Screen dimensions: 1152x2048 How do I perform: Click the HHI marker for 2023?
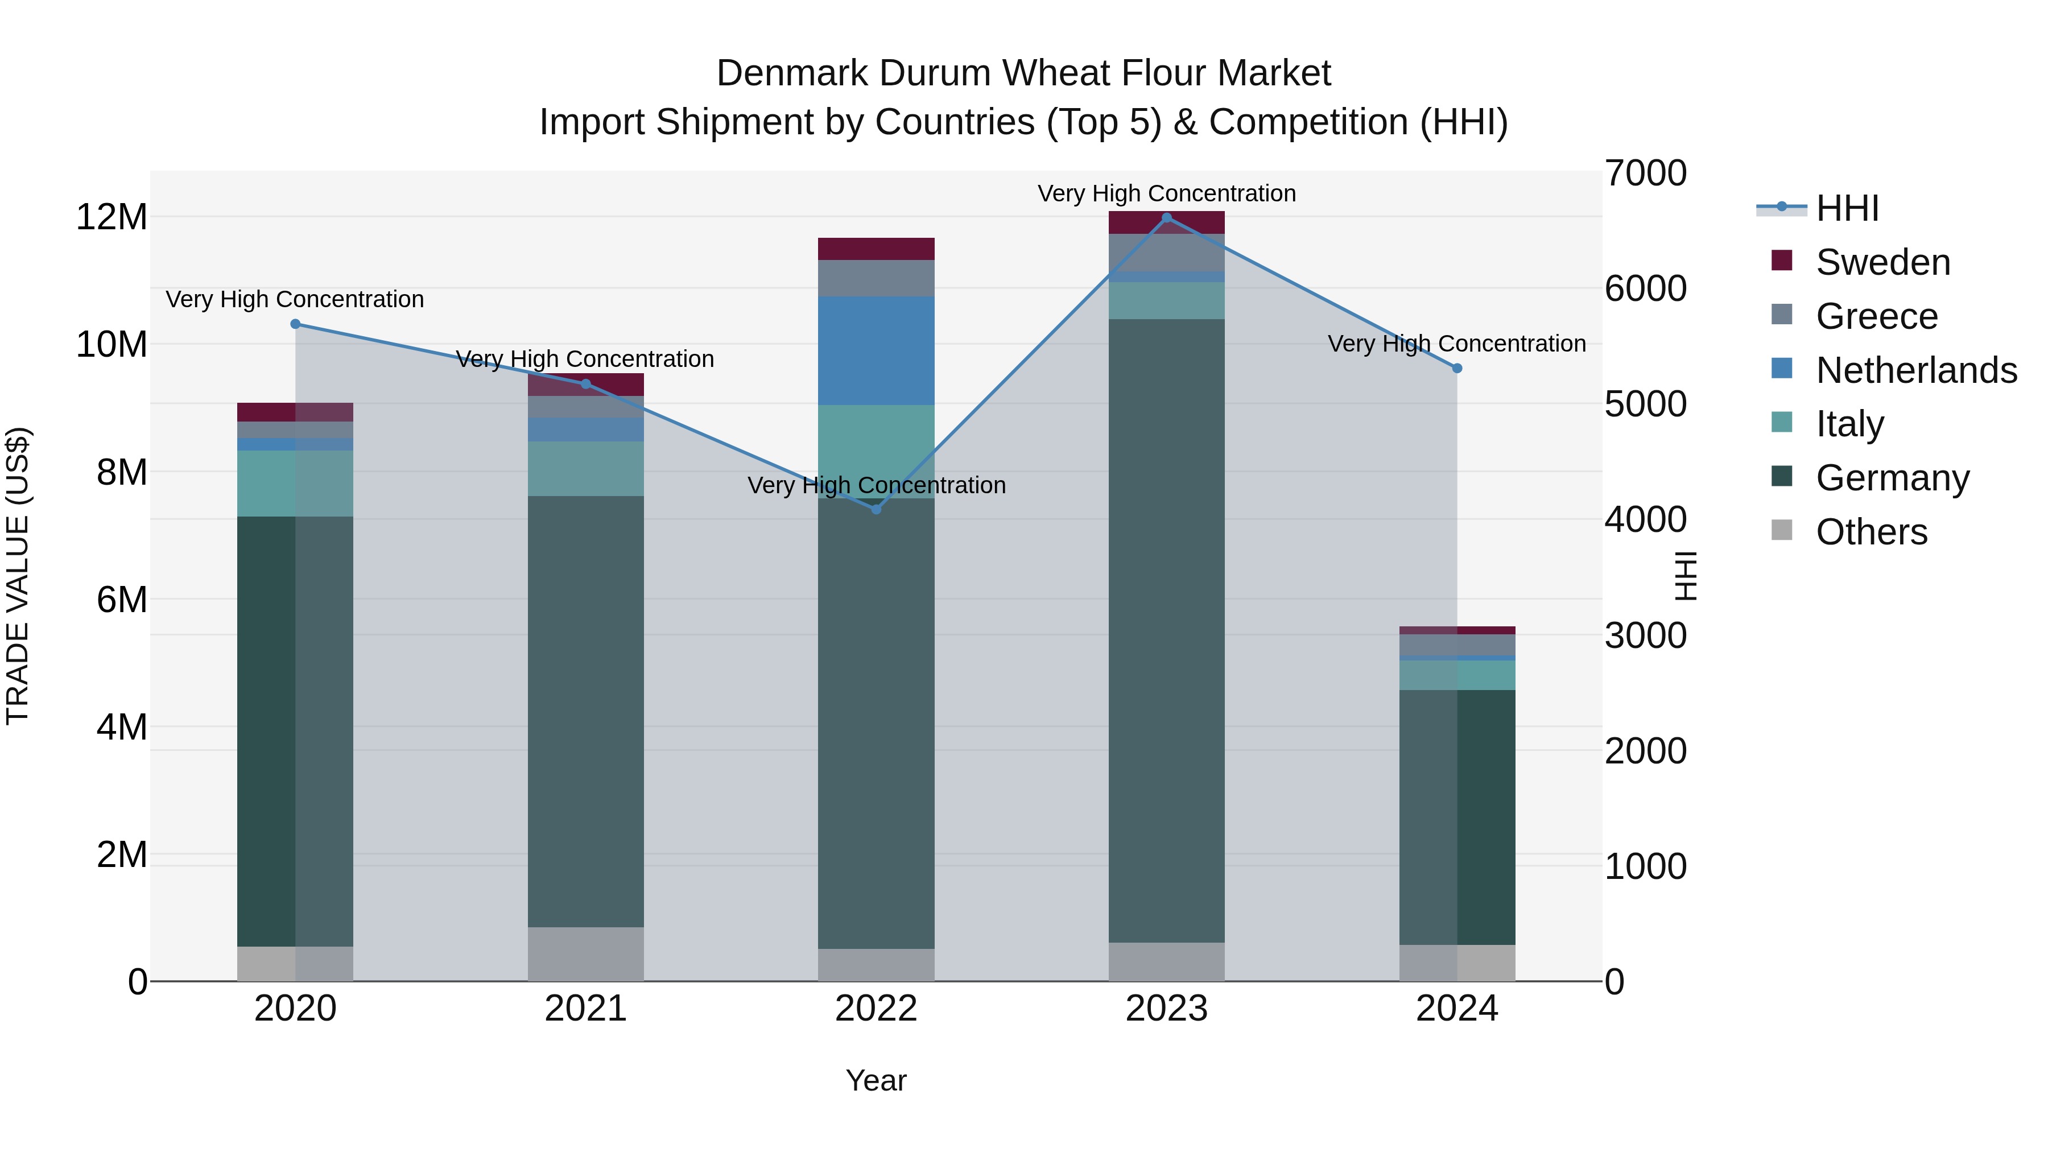click(1166, 218)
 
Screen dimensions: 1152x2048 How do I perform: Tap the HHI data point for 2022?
click(876, 509)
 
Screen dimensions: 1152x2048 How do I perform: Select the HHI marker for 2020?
click(295, 324)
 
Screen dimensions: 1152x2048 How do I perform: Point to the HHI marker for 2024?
click(1456, 368)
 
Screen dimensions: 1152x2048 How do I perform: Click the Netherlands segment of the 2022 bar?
click(876, 350)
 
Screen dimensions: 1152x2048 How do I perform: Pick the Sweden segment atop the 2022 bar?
click(876, 249)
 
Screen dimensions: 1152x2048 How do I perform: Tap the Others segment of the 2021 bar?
click(585, 953)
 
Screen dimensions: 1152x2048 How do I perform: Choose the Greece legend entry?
click(1876, 316)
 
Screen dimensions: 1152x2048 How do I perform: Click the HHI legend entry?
click(1847, 208)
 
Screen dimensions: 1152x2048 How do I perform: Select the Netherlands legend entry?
click(1916, 370)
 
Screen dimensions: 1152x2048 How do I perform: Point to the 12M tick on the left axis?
click(112, 217)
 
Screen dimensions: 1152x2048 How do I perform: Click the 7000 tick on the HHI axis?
click(1645, 174)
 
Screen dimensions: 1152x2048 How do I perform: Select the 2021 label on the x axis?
click(585, 1009)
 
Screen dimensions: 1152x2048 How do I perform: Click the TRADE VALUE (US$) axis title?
click(18, 576)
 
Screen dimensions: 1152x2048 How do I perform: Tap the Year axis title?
click(876, 1080)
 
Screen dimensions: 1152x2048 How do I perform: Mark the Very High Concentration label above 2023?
click(1166, 193)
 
